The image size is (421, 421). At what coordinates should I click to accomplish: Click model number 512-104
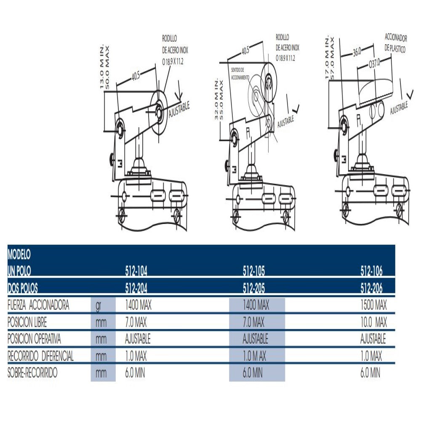136,271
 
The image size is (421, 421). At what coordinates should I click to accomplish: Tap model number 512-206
372,288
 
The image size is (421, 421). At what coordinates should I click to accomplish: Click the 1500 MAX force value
373,305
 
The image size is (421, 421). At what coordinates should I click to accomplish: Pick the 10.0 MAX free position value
373,322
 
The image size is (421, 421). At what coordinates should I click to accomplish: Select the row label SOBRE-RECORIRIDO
32,373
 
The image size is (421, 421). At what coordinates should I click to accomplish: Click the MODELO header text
19,255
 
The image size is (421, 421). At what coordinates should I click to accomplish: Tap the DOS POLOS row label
23,288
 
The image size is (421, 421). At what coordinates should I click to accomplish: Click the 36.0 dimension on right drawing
357,53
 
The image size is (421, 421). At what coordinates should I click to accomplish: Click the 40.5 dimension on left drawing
135,76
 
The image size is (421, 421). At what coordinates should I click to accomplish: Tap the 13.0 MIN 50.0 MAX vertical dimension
104,67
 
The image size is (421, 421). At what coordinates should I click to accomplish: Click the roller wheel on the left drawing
159,112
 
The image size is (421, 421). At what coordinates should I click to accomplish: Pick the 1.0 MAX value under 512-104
136,357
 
